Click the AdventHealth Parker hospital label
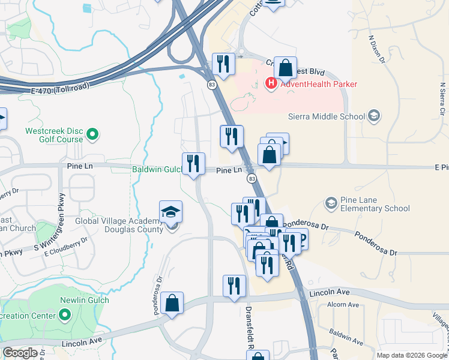tap(318, 84)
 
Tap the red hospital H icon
tap(271, 83)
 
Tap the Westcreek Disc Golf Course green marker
tap(92, 134)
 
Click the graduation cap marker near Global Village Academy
tap(170, 211)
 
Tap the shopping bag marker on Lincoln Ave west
tap(172, 303)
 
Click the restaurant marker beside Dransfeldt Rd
tap(234, 286)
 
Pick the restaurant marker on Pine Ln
tap(193, 164)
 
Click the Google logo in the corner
tap(20, 353)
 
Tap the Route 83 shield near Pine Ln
tap(251, 179)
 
